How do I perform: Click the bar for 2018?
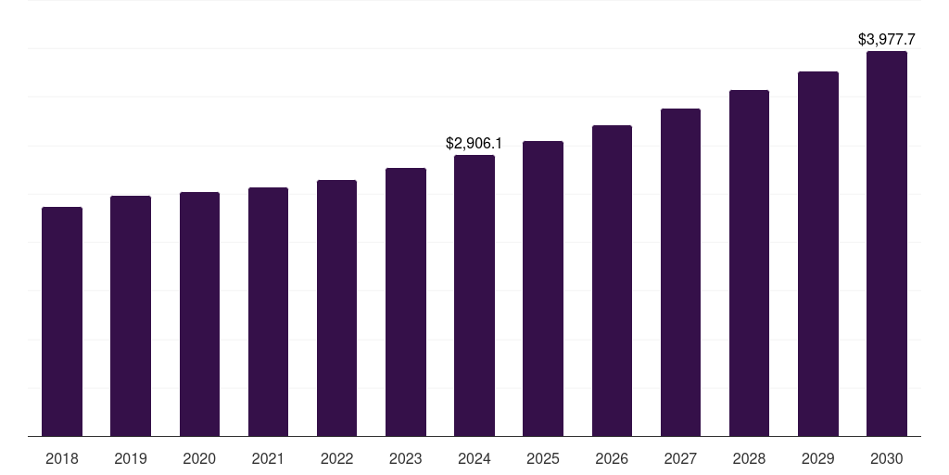62,321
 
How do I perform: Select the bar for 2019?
131,315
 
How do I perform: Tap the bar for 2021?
268,312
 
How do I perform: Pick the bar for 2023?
406,302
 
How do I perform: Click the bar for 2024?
474,295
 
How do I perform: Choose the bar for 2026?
612,280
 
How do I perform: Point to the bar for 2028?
749,263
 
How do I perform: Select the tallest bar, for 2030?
887,243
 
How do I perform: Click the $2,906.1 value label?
474,143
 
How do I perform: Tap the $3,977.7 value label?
887,40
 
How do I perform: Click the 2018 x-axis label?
62,458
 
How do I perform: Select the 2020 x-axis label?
199,458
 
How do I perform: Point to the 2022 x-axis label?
336,458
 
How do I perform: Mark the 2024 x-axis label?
474,458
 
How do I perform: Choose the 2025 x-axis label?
543,458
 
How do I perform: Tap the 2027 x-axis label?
680,458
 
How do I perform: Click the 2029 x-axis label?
818,458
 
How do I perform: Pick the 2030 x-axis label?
887,458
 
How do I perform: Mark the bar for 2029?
818,253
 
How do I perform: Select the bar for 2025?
543,289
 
